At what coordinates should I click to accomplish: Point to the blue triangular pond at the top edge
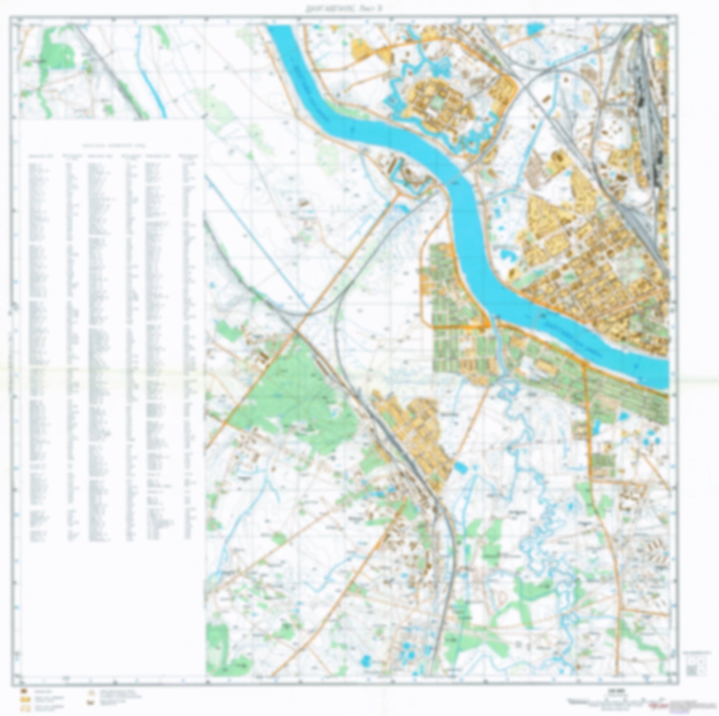(x=534, y=29)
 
